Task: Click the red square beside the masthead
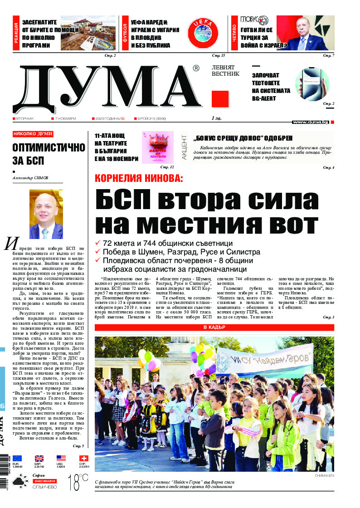coord(220,98)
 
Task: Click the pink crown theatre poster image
coord(157,147)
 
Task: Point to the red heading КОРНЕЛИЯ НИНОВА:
coord(139,178)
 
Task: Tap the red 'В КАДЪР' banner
coord(214,327)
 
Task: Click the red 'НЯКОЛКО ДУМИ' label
coord(33,134)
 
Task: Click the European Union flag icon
coord(17,459)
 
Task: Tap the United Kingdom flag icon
coord(39,459)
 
